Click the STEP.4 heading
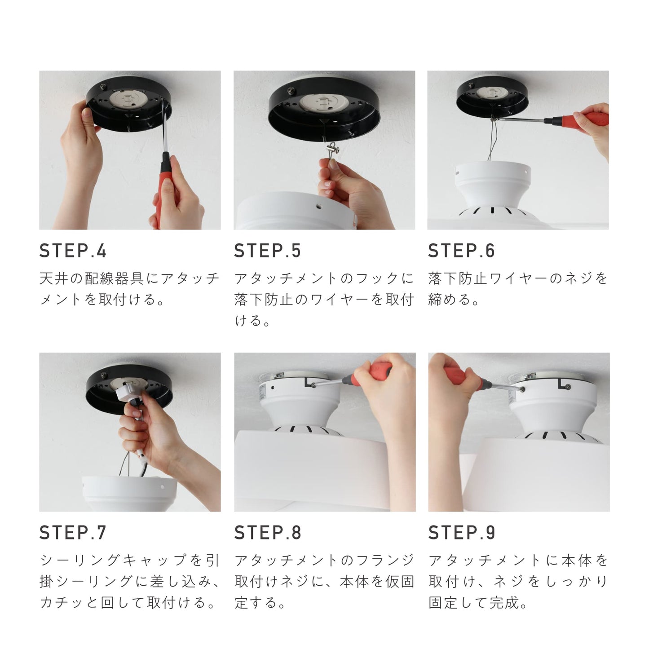click(x=73, y=251)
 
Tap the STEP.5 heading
click(x=267, y=251)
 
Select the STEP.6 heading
click(x=461, y=251)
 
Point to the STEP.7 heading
click(x=73, y=533)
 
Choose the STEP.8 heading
click(x=267, y=533)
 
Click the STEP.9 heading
click(x=461, y=533)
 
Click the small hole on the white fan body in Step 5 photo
click(x=318, y=206)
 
